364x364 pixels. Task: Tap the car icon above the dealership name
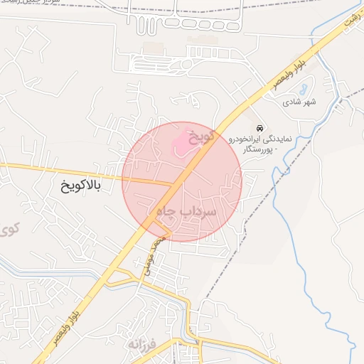[260, 128]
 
